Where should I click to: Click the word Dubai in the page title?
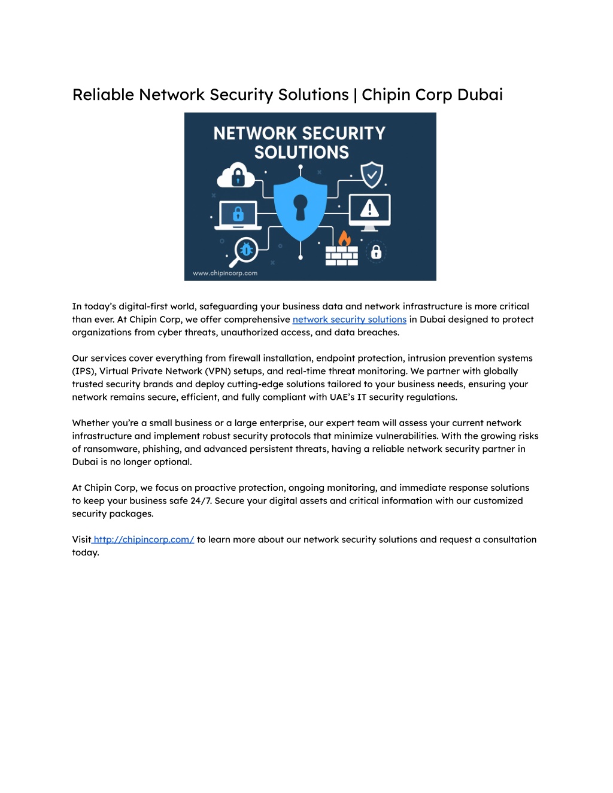(480, 95)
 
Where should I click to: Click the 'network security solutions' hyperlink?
(349, 320)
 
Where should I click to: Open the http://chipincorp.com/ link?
(144, 539)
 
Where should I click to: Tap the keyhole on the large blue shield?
(301, 207)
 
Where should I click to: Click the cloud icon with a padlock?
(236, 175)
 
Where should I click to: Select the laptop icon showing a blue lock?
(238, 215)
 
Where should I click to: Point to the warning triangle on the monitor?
(369, 208)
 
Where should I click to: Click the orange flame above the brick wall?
(344, 238)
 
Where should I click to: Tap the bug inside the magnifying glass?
(246, 250)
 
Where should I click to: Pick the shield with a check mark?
(372, 175)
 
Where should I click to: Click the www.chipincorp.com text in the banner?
(224, 274)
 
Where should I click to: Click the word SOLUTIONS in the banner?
(301, 152)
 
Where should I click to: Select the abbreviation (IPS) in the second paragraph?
(83, 371)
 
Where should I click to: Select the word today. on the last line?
(86, 552)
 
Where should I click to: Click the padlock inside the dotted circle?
(376, 252)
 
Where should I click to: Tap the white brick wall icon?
(342, 256)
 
